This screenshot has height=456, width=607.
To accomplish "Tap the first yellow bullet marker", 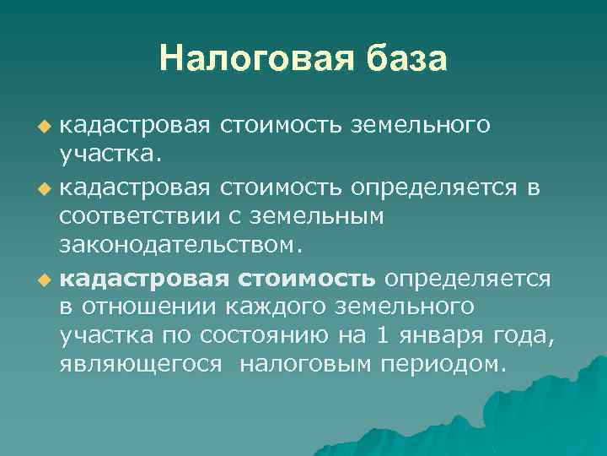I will [45, 127].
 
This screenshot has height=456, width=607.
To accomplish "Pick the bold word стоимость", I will [309, 278].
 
